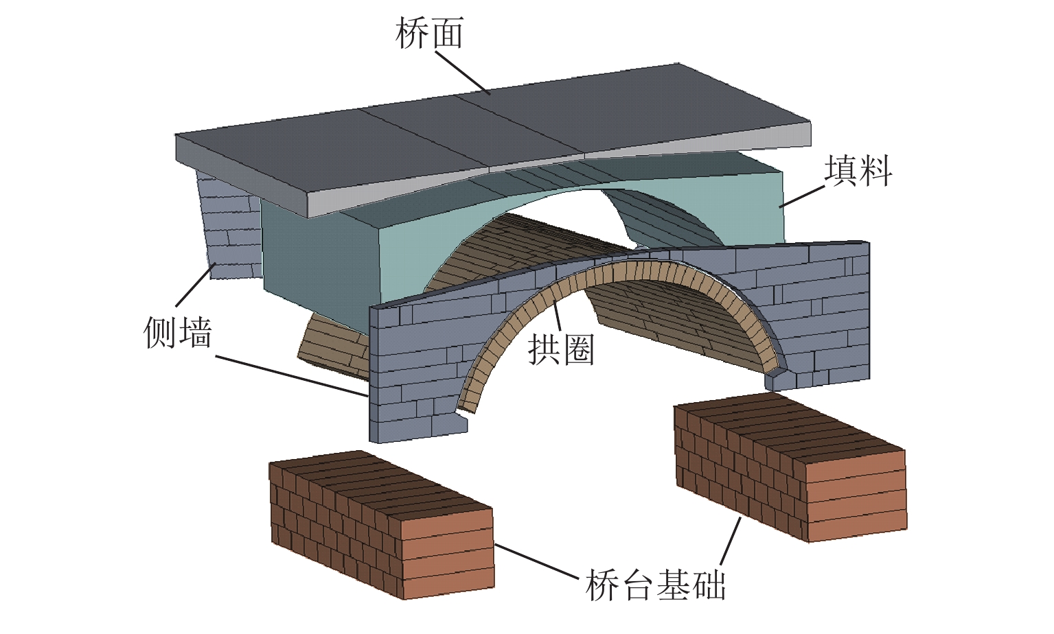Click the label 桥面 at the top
pos(429,33)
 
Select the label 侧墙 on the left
pos(178,332)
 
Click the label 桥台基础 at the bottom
pos(655,585)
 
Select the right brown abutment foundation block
pos(790,467)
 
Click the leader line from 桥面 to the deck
pos(461,73)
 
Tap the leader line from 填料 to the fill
pos(802,195)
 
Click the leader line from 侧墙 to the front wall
pos(292,376)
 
